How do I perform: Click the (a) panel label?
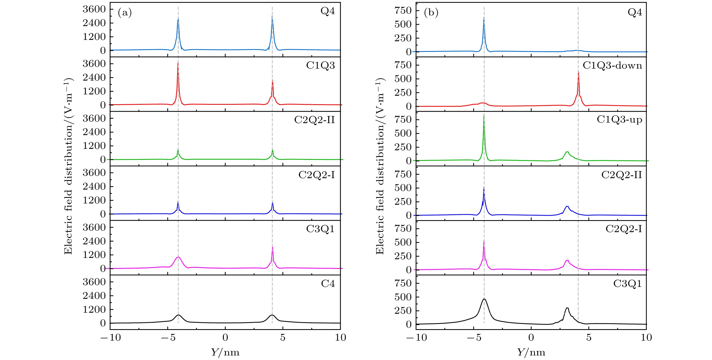click(125, 13)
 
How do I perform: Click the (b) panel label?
click(431, 13)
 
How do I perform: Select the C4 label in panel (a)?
click(328, 284)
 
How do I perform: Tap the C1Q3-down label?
click(612, 66)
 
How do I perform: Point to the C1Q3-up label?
click(619, 120)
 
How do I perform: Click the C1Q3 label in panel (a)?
click(320, 66)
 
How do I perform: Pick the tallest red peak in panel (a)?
click(178, 64)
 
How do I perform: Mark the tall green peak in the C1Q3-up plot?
click(484, 115)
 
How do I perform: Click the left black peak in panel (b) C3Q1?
click(484, 299)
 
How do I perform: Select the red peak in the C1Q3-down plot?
click(578, 72)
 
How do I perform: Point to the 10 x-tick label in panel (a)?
click(340, 338)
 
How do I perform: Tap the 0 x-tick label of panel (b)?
click(531, 338)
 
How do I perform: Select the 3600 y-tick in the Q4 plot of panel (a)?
click(94, 9)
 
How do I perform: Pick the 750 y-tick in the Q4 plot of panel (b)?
click(403, 10)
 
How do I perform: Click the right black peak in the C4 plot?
click(272, 315)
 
